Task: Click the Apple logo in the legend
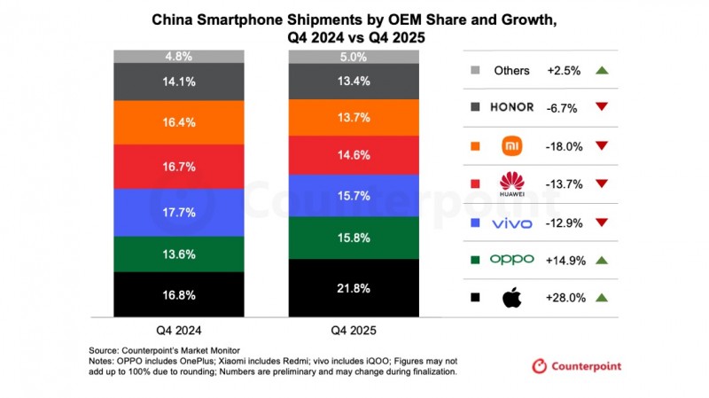tap(511, 298)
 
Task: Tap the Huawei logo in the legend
tap(512, 183)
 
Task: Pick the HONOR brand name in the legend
tap(512, 107)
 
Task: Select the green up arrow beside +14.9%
tap(603, 259)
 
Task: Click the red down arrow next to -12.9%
tap(603, 222)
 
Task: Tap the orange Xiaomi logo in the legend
tap(512, 145)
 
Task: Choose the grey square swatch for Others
tap(476, 71)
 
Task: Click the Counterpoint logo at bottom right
tap(576, 366)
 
